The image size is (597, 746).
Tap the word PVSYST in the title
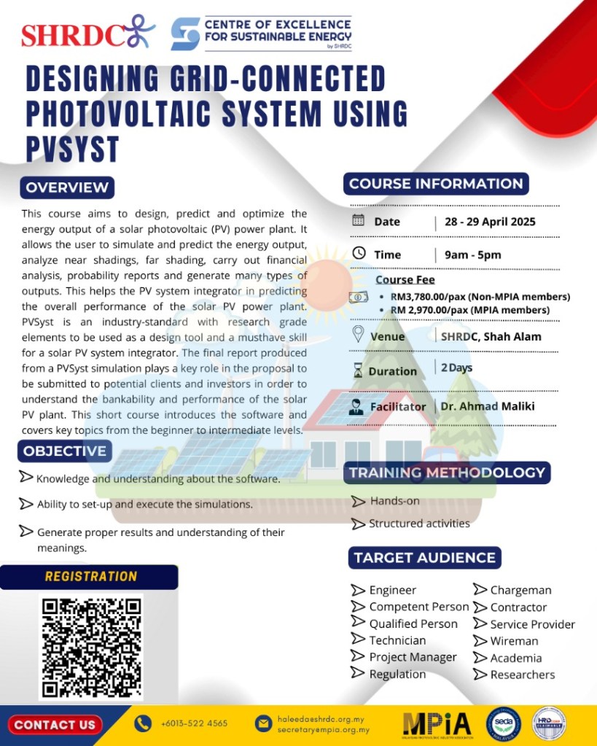72,148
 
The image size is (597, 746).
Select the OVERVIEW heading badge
67,187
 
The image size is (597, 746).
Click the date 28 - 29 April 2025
489,222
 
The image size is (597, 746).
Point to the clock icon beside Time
358,253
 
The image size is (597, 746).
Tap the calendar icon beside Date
358,220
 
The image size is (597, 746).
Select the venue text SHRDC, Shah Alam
491,336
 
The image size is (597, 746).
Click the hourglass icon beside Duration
357,371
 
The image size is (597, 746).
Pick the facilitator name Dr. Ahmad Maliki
487,406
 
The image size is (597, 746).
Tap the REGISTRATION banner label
90,577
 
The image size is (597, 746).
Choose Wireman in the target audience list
513,641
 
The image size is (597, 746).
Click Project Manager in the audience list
413,657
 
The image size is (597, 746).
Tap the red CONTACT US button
55,725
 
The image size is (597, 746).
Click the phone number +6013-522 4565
194,723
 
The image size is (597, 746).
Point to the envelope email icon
263,723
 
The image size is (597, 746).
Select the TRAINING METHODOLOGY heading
447,473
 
